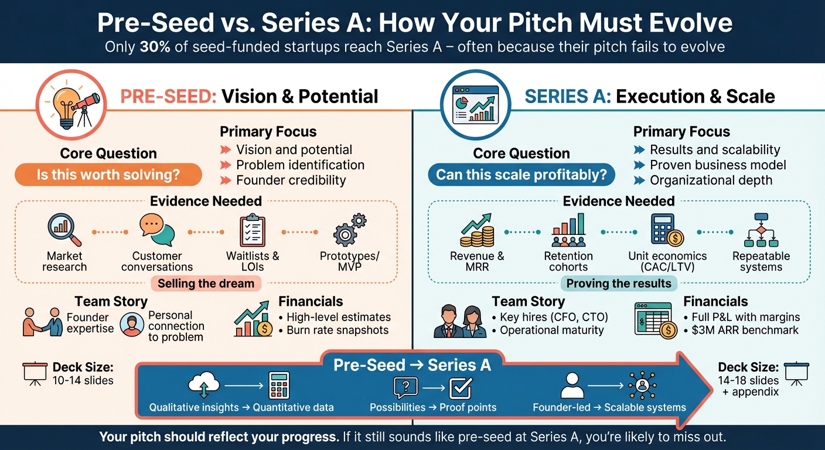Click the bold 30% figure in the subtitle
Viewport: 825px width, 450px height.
point(155,47)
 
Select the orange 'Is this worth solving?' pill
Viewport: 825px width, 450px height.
point(108,175)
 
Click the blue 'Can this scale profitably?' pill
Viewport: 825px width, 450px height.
point(521,175)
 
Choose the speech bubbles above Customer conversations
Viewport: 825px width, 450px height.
point(156,230)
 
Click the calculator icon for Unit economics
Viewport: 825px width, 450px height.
point(667,230)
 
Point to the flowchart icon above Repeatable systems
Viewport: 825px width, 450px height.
point(761,230)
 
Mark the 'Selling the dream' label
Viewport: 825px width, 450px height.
point(206,284)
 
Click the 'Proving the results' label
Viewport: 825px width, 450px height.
point(619,284)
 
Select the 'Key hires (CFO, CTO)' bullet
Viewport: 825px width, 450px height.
point(553,317)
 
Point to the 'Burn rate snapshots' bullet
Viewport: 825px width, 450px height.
point(337,330)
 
